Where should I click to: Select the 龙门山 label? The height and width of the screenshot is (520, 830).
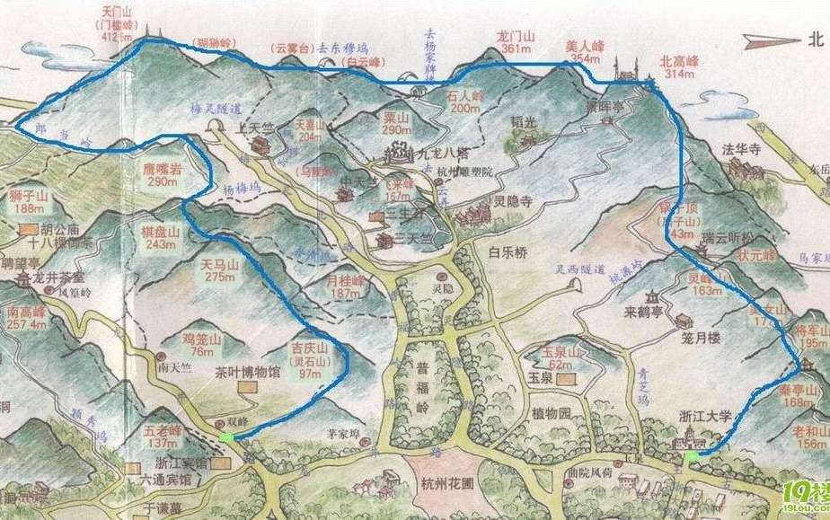tap(515, 37)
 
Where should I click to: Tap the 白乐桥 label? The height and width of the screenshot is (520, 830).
tap(506, 253)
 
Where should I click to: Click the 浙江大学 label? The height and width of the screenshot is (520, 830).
tap(705, 417)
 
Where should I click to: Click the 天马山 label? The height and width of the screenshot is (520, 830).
tap(220, 265)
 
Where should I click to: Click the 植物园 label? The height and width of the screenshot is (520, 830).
tap(551, 414)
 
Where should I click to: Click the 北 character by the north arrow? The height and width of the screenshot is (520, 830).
tap(816, 38)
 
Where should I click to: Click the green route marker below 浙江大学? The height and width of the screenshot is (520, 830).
tap(693, 457)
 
